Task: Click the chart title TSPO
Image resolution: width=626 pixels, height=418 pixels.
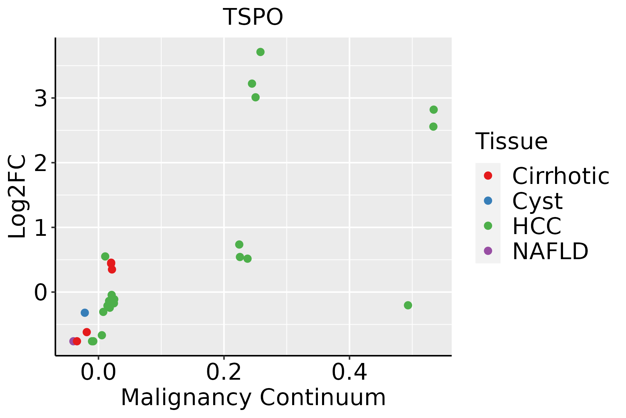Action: click(253, 17)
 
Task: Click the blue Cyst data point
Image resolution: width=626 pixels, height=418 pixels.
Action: click(85, 313)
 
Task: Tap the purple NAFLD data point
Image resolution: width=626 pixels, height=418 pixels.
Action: click(73, 341)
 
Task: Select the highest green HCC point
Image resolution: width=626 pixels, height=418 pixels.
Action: click(260, 52)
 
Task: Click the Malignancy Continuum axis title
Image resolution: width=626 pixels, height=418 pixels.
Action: click(253, 397)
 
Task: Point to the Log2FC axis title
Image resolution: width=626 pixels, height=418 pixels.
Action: click(17, 197)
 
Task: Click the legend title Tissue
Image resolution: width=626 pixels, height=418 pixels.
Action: click(512, 141)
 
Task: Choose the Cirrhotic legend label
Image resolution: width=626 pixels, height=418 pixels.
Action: click(561, 176)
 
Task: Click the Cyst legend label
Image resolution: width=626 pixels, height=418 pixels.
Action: click(537, 201)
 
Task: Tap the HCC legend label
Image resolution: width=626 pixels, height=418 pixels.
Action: click(537, 226)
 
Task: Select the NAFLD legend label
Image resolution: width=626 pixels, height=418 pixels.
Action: click(550, 251)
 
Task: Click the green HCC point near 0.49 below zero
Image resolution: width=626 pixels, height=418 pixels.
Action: click(408, 305)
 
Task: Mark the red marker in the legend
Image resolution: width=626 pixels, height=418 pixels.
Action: click(488, 176)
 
